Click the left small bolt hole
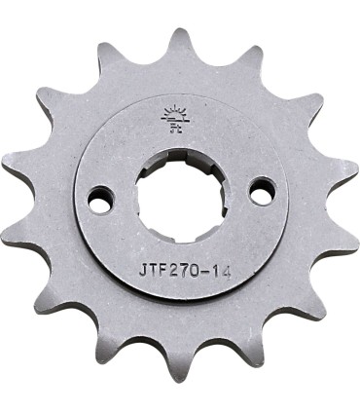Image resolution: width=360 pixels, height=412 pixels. click(x=99, y=200)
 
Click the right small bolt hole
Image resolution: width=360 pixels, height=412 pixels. click(x=261, y=191)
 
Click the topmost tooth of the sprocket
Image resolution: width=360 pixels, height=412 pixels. click(x=180, y=41)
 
